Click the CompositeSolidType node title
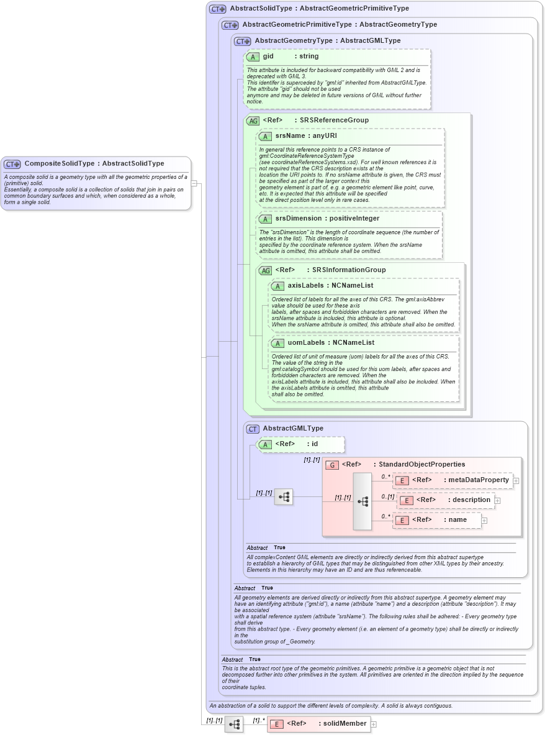[x=94, y=163]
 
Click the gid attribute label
[x=268, y=57]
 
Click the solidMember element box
[x=318, y=724]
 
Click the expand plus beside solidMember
[x=374, y=724]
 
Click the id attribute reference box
[x=300, y=444]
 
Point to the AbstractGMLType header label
[x=293, y=429]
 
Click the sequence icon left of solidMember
[x=234, y=724]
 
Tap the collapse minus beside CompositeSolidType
[x=194, y=183]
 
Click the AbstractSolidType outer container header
[x=319, y=9]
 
